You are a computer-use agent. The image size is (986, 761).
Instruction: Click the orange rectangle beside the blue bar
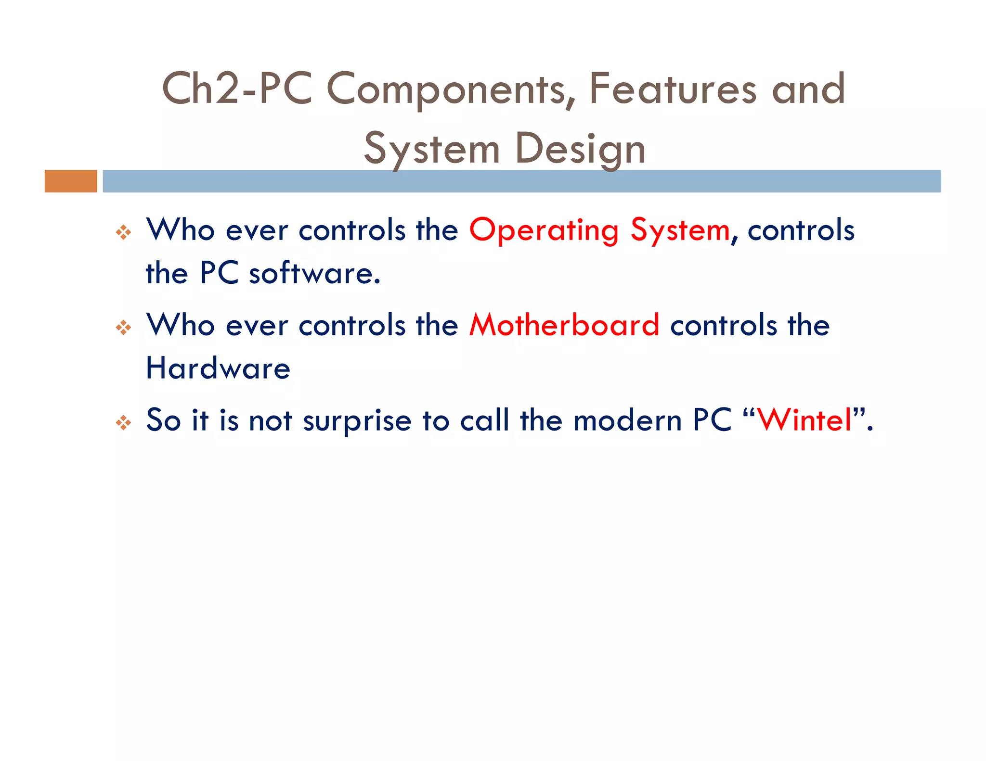click(71, 181)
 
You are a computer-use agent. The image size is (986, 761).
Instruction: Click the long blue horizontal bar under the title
click(521, 181)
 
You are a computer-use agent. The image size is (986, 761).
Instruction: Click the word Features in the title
click(673, 89)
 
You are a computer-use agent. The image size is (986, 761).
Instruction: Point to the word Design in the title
click(580, 149)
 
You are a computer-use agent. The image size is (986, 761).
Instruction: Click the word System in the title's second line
click(432, 149)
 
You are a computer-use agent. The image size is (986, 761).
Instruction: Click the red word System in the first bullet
click(680, 230)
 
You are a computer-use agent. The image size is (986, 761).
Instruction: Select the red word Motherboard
click(564, 325)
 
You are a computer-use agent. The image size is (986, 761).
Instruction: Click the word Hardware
click(218, 368)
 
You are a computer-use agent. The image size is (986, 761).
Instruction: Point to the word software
click(314, 273)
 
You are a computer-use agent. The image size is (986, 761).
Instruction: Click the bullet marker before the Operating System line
click(124, 232)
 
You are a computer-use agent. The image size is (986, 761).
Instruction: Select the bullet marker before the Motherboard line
click(124, 328)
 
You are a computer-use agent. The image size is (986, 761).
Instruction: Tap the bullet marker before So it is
click(124, 423)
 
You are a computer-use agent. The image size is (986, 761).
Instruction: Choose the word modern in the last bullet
click(627, 420)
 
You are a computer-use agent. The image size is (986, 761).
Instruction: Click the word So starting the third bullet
click(163, 420)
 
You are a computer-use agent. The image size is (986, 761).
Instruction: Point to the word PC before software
click(219, 273)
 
